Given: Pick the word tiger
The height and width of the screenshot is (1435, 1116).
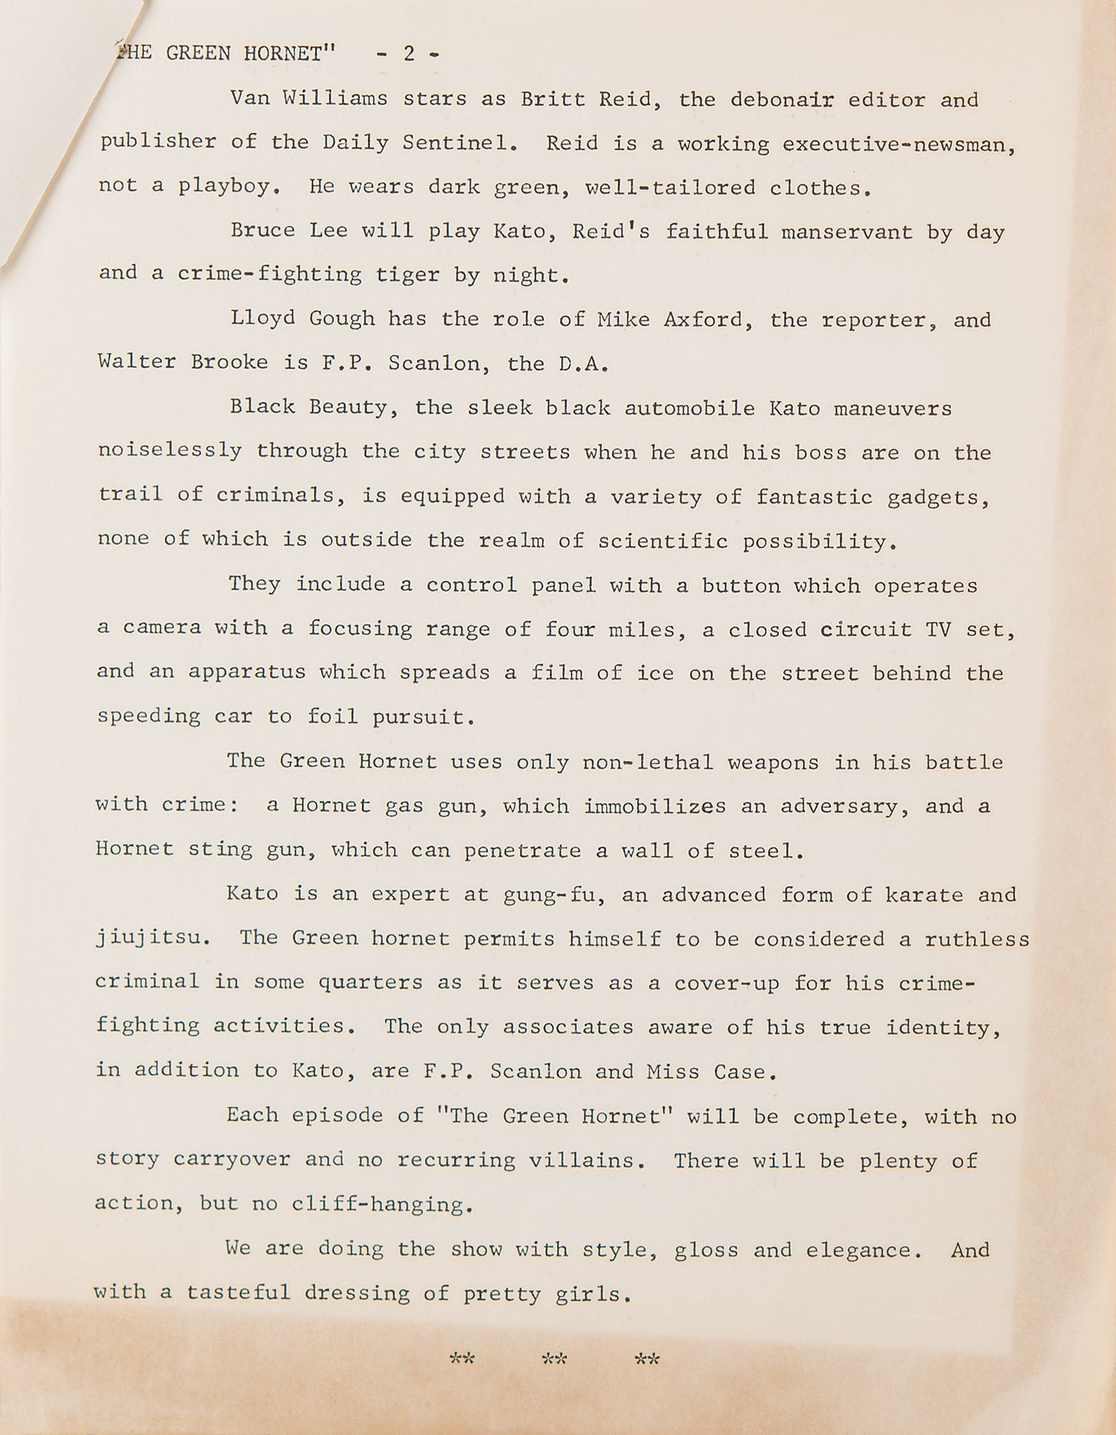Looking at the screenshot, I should [420, 275].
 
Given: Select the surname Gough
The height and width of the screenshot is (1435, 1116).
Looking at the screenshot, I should [341, 319].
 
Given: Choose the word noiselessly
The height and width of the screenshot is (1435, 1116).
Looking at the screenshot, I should [169, 451].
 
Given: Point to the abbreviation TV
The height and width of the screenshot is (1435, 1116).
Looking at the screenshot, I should [939, 629].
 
